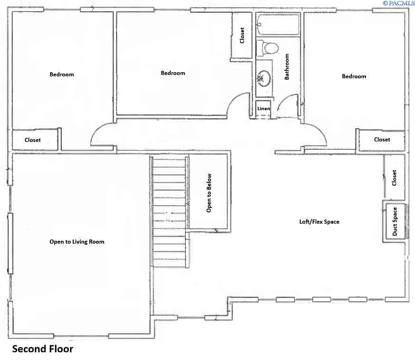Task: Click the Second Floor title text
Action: pyautogui.click(x=42, y=349)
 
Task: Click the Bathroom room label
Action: pyautogui.click(x=287, y=66)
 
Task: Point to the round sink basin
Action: pyautogui.click(x=264, y=78)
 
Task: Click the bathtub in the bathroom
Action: pyautogui.click(x=278, y=25)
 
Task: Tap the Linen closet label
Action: pyautogui.click(x=263, y=109)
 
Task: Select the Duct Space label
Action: pyautogui.click(x=395, y=222)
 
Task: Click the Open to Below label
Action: pyautogui.click(x=209, y=192)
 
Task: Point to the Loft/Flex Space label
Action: pyautogui.click(x=319, y=222)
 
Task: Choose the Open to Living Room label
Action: pyautogui.click(x=77, y=242)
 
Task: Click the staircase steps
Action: pyautogui.click(x=169, y=211)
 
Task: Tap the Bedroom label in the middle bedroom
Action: pyautogui.click(x=173, y=73)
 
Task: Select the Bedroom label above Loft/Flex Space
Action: pyautogui.click(x=354, y=76)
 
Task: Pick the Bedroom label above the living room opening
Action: pyautogui.click(x=62, y=75)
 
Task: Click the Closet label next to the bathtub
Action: pyautogui.click(x=242, y=36)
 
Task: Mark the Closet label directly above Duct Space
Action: pyautogui.click(x=394, y=178)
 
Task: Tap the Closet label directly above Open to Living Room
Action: pyautogui.click(x=33, y=140)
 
